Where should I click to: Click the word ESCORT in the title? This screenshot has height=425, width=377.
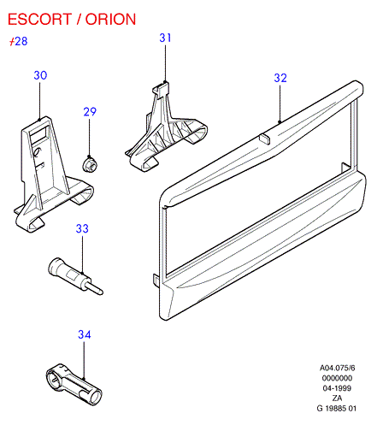(x=39, y=20)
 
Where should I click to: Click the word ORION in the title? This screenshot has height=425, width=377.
(x=111, y=20)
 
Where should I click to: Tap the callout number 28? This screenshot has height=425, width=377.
(x=21, y=41)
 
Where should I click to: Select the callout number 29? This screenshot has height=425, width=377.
(x=90, y=111)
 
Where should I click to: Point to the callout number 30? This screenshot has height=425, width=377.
(x=40, y=75)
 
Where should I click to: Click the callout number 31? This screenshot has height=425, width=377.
(x=165, y=38)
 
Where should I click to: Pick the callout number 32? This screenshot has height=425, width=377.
(x=280, y=78)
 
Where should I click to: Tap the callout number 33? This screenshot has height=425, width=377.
(x=82, y=228)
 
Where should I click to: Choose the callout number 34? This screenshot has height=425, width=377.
(x=85, y=334)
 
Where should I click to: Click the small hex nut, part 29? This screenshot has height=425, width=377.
(x=90, y=164)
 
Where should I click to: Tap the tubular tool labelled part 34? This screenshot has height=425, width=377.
(x=74, y=384)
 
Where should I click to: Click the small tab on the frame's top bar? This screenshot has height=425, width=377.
(x=265, y=139)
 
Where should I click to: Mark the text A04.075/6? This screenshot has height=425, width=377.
(x=337, y=368)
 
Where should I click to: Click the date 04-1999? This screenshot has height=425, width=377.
(x=337, y=388)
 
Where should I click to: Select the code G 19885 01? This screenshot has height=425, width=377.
(x=337, y=409)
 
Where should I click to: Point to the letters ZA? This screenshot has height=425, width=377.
(x=337, y=398)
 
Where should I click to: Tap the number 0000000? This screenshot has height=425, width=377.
(x=337, y=378)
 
